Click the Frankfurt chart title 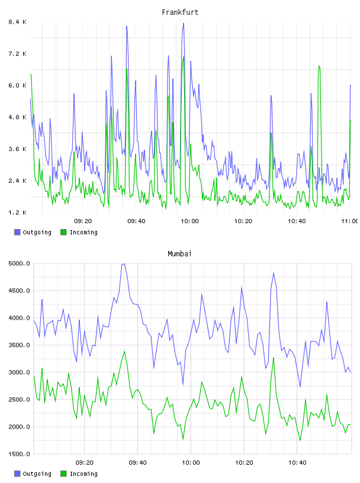point(180,12)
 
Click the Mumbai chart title point(179,254)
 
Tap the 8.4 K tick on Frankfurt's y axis point(18,22)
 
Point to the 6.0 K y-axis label point(18,85)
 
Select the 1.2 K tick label point(18,212)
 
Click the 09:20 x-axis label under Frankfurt point(83,221)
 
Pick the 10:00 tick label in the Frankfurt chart point(189,221)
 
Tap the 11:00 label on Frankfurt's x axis point(350,221)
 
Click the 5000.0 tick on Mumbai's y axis point(20,263)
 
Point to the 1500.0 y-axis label point(20,454)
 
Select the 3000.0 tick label point(20,372)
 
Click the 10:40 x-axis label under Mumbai point(297,462)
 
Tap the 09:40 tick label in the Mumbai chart point(137,462)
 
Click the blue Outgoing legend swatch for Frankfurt point(17,232)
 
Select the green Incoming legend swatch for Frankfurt point(63,232)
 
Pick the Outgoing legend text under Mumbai point(37,474)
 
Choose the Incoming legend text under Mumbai point(83,474)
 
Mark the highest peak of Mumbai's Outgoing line point(124,264)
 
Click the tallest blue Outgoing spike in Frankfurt point(184,24)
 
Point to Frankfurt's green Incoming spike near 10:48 point(319,66)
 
